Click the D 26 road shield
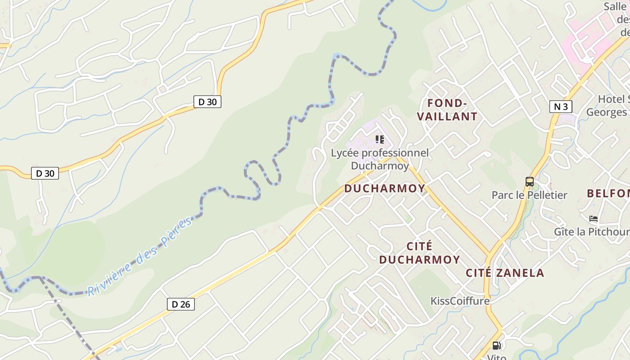pos(181,304)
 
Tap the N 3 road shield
pos(561,107)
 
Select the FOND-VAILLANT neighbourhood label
pos(447,110)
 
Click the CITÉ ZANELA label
pos(505,273)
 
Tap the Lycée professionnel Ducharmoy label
pos(380,159)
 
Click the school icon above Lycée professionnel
pos(380,139)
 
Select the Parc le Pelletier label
pos(529,195)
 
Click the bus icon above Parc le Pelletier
pos(530,182)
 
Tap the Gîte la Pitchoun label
pos(591,232)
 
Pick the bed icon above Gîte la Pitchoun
pos(594,219)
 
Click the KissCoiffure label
pos(460,301)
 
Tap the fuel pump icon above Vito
pos(497,346)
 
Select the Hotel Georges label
pos(607,106)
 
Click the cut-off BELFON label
pos(608,193)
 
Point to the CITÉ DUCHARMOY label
pos(419,253)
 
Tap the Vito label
pos(497,357)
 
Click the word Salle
pos(615,6)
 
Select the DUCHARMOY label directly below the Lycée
pos(385,189)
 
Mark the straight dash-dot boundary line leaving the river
pos(67,315)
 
